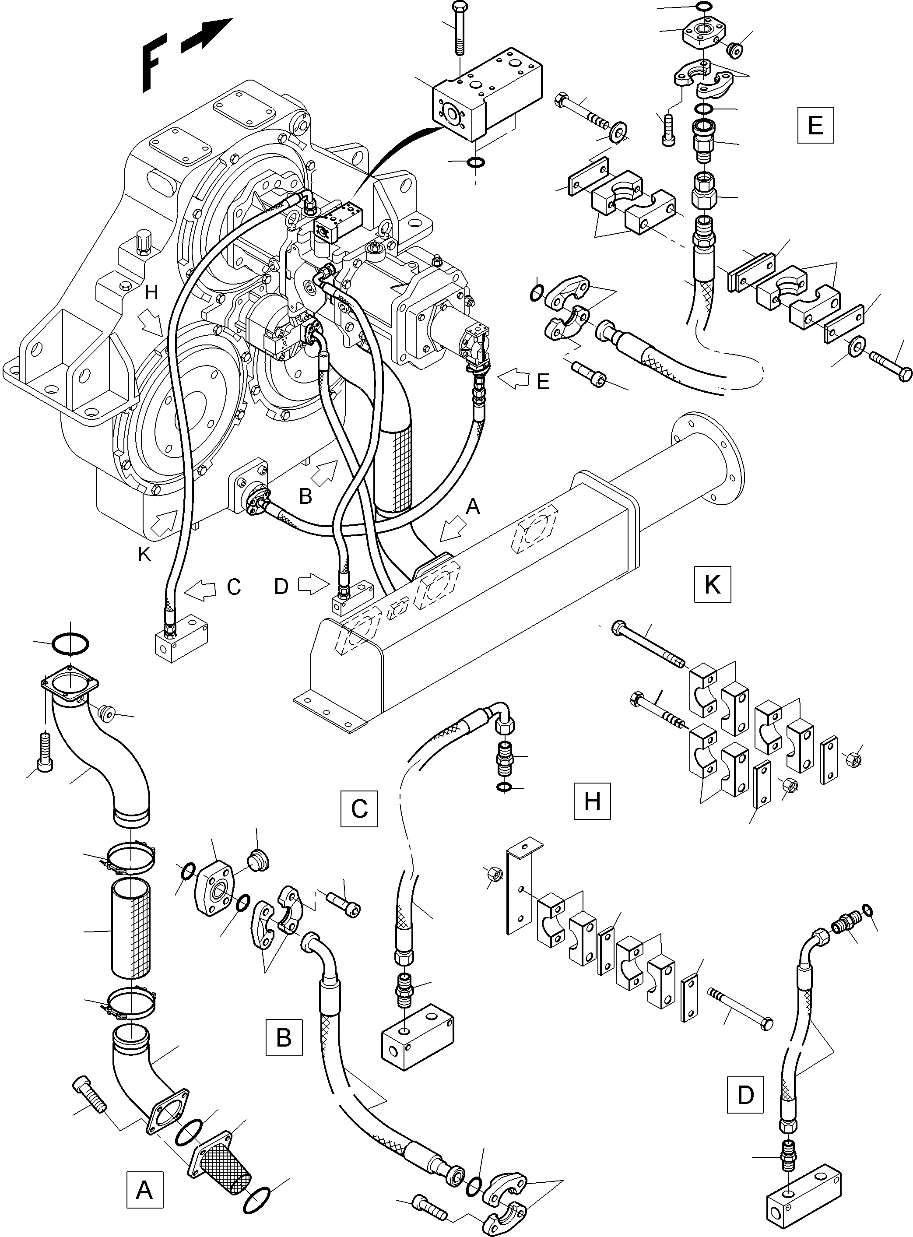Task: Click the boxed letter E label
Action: [x=815, y=126]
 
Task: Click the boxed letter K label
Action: [x=712, y=583]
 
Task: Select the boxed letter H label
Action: [x=592, y=801]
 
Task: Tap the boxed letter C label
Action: [x=359, y=808]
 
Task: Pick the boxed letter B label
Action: [x=284, y=1037]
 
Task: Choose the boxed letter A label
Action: [x=144, y=1188]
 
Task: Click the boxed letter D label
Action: [x=745, y=1094]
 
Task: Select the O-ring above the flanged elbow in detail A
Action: [x=70, y=643]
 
